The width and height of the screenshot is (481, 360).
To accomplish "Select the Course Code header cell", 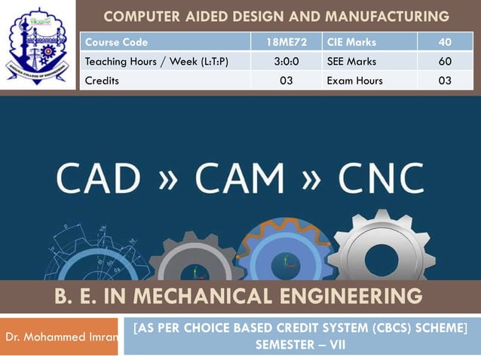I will [x=117, y=42].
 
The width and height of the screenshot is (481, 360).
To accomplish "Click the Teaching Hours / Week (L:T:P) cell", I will [x=157, y=61].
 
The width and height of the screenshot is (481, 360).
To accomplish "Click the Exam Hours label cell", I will [x=354, y=81].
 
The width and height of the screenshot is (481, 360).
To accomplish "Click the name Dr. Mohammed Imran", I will [x=61, y=337].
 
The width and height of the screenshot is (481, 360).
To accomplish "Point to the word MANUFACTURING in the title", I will [x=382, y=16].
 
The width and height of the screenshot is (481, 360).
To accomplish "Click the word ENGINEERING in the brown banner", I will [x=357, y=296].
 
